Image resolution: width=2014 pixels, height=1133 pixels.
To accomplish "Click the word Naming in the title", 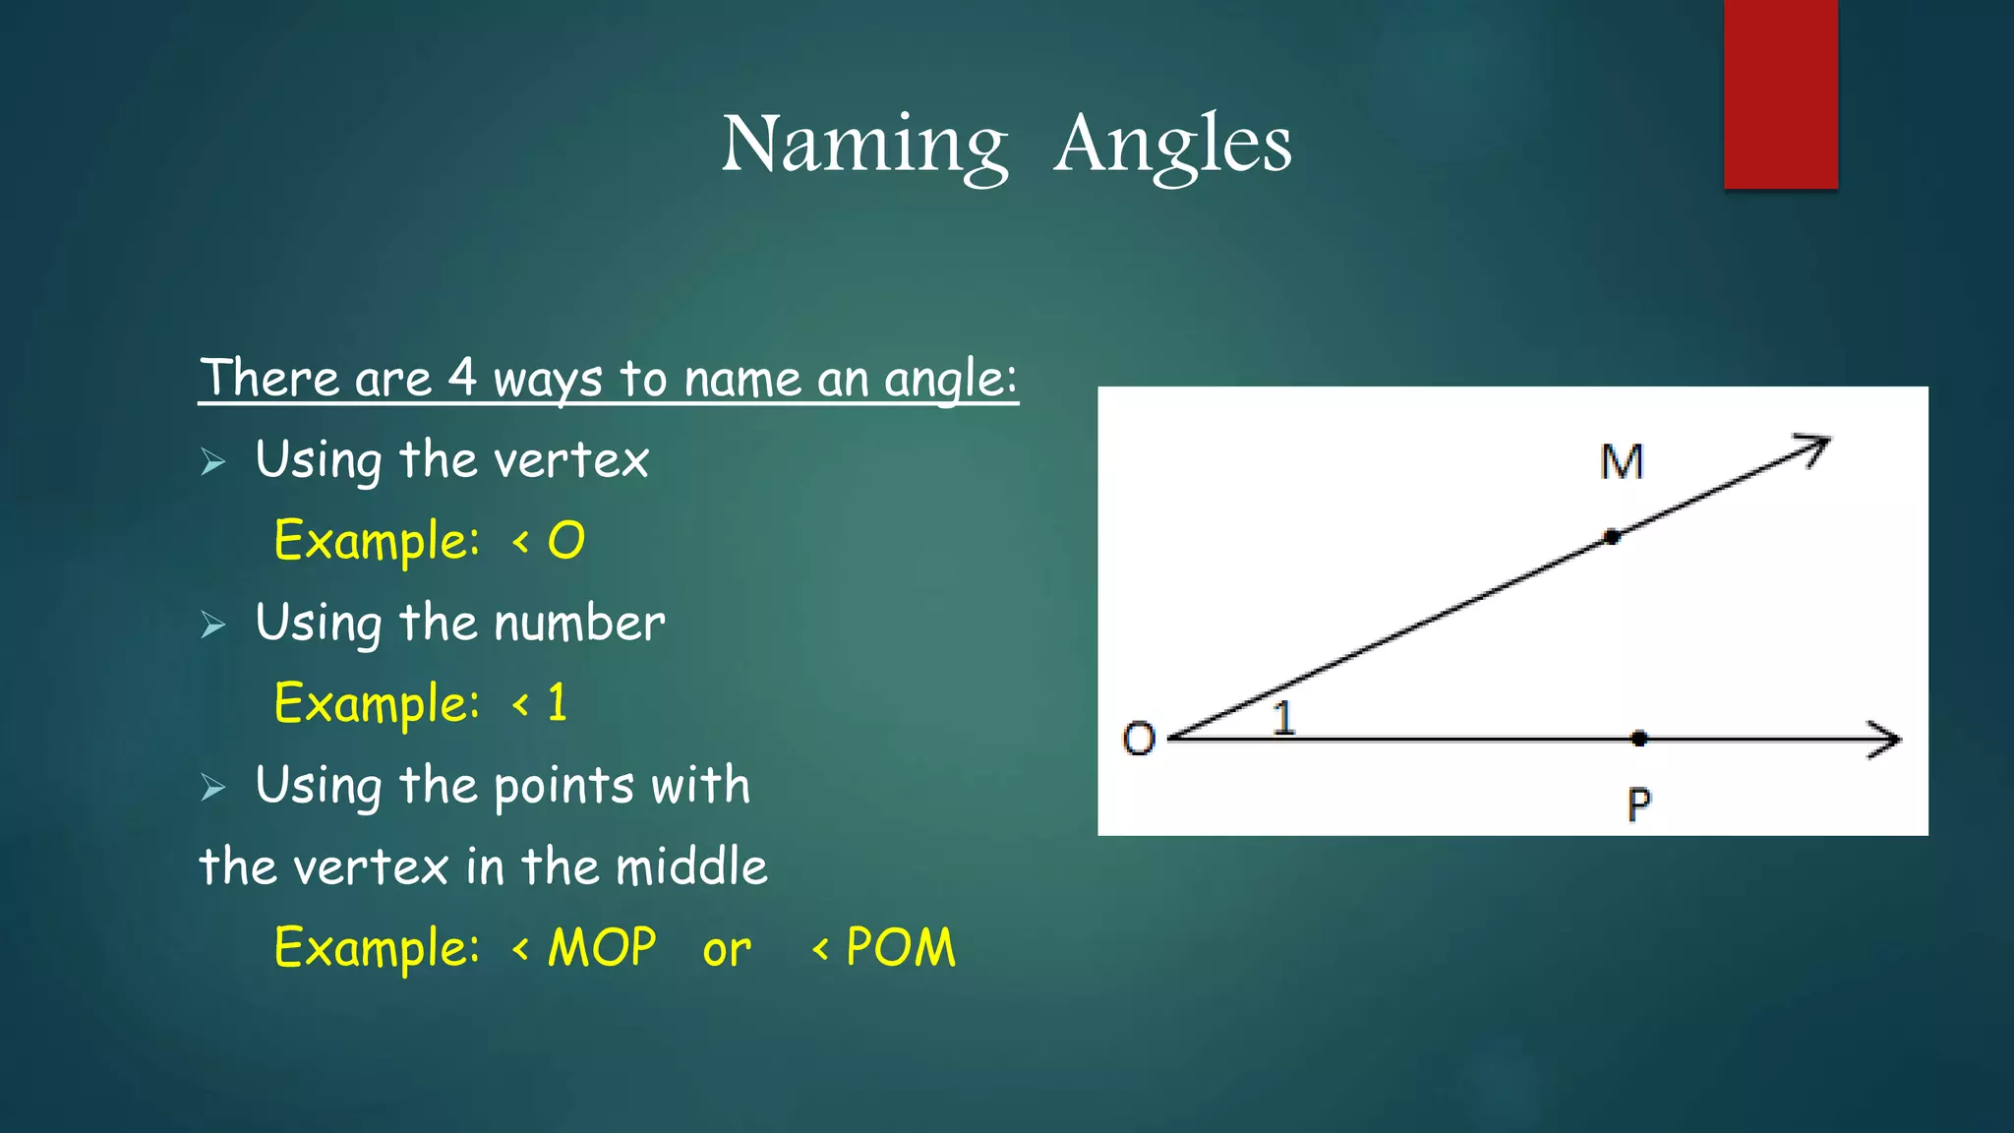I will pyautogui.click(x=864, y=145).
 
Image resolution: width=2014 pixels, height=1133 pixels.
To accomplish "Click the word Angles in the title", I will pyautogui.click(x=1172, y=145).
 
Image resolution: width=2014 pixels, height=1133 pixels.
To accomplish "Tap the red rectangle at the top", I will pyautogui.click(x=1780, y=93).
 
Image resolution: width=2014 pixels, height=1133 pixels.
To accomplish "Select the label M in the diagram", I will pyautogui.click(x=1622, y=462).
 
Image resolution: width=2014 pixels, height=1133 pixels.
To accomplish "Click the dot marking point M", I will pyautogui.click(x=1611, y=537).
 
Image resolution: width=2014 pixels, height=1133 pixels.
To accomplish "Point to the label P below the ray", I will pyautogui.click(x=1638, y=805).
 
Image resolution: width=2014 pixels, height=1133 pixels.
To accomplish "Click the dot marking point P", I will pyautogui.click(x=1638, y=738).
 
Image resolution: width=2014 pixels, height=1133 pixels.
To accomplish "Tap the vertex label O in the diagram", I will pyautogui.click(x=1138, y=739).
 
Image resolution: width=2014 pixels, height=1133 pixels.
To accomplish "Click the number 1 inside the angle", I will pyautogui.click(x=1283, y=718).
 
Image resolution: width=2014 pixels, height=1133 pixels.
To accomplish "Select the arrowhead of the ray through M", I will pyautogui.click(x=1815, y=448).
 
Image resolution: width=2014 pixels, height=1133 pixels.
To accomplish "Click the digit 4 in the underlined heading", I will pyautogui.click(x=462, y=377).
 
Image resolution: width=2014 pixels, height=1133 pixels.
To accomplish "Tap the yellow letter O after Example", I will pyautogui.click(x=565, y=541).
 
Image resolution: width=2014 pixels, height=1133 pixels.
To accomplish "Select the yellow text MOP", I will pyautogui.click(x=601, y=948).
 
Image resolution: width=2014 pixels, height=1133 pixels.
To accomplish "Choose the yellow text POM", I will pyautogui.click(x=900, y=948).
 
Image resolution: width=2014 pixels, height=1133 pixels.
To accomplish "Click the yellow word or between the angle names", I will pyautogui.click(x=726, y=950).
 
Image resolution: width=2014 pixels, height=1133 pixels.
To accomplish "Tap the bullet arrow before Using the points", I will pyautogui.click(x=213, y=787).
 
